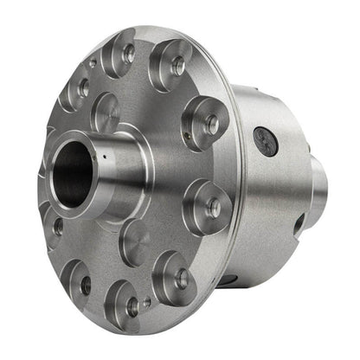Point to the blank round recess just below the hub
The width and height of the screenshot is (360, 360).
135,241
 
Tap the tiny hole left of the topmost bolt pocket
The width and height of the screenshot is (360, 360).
93,63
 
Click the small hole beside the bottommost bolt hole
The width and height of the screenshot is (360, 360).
148,302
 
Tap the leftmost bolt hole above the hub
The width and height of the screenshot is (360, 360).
83,87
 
